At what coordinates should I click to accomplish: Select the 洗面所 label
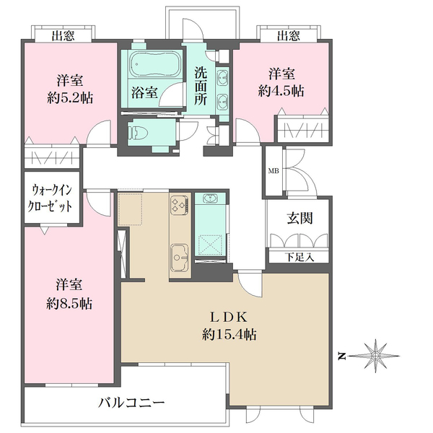coord(201,86)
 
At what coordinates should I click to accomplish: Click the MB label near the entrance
coord(274,171)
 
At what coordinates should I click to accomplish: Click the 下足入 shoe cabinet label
coord(298,255)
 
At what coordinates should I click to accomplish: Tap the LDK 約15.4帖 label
coord(229,326)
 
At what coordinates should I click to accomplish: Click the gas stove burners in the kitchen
coord(179,206)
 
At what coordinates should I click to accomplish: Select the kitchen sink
coord(178,254)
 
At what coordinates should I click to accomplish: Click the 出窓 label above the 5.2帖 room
coord(63,35)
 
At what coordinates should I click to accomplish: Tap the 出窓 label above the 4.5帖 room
coord(289,35)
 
